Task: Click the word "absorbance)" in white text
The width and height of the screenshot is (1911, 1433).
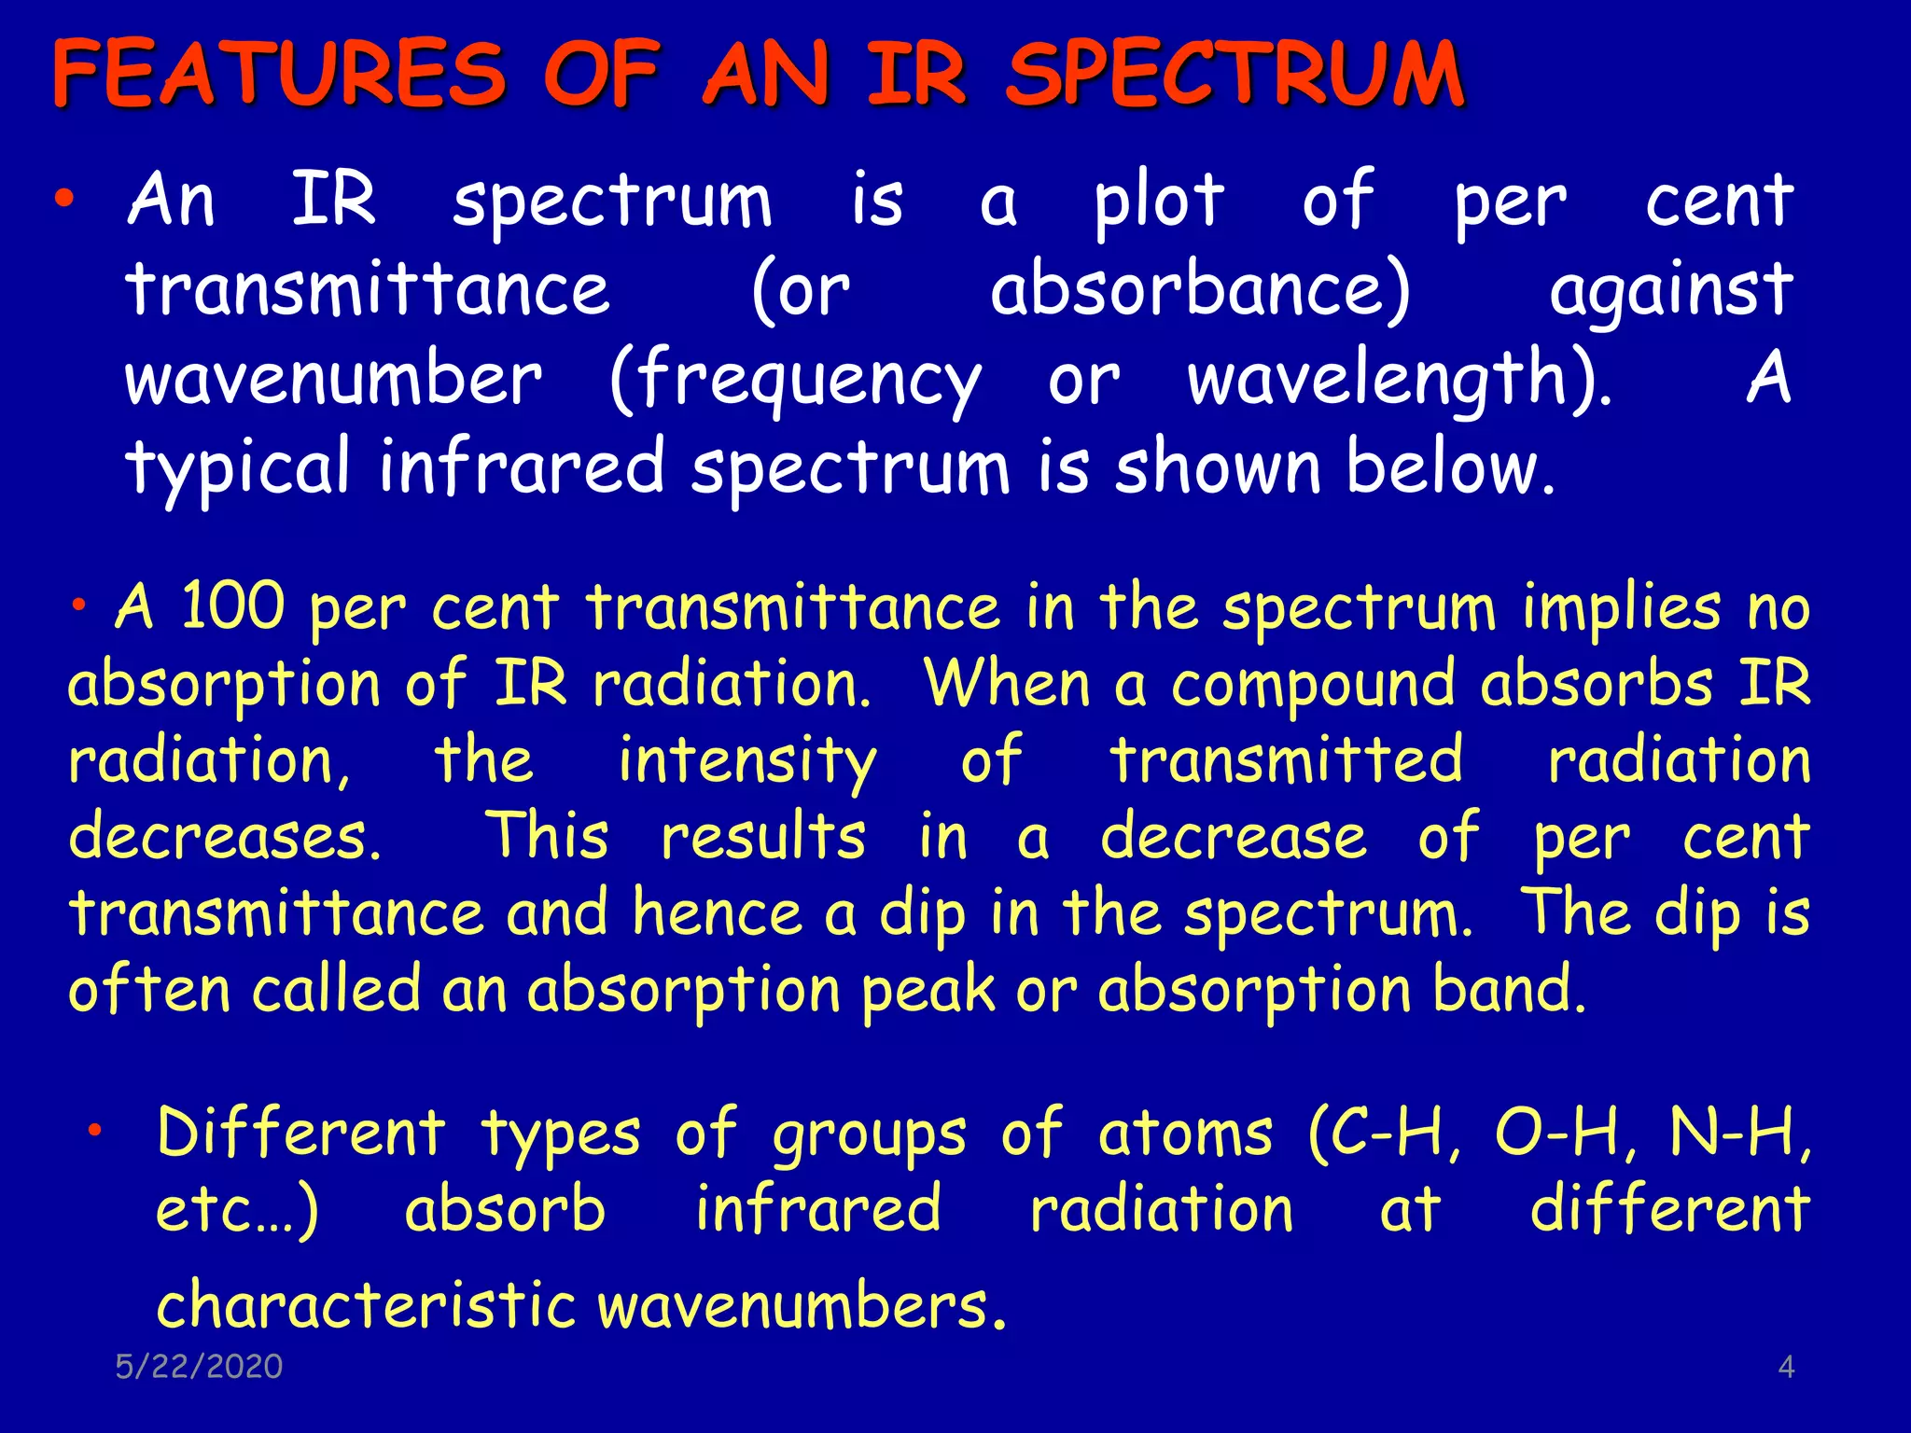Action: coord(1200,290)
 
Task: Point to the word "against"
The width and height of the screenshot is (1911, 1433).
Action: coord(1670,292)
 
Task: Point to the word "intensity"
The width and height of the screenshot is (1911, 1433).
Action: coord(747,762)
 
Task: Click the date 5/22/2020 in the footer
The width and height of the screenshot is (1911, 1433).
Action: coord(199,1367)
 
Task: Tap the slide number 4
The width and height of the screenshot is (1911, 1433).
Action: coord(1786,1368)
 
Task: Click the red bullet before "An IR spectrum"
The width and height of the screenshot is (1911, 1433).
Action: coord(63,198)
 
